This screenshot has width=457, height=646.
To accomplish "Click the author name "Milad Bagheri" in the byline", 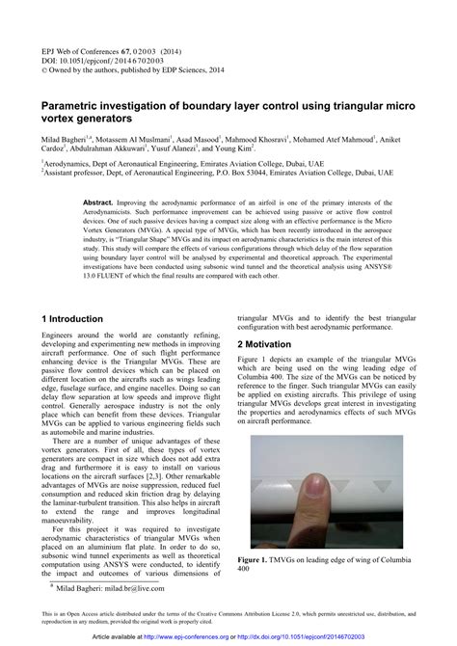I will [67, 140].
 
